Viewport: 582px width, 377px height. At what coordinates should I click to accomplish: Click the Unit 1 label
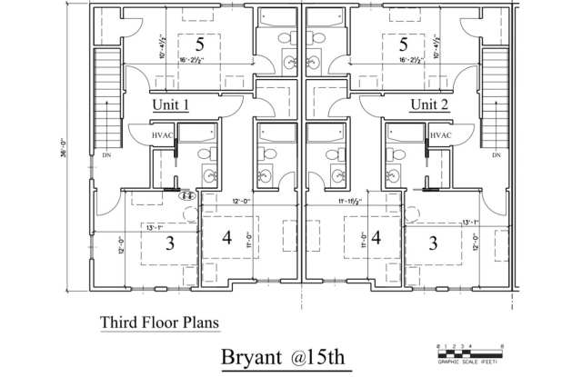click(x=170, y=104)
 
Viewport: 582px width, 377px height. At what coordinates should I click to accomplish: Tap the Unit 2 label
click(x=429, y=104)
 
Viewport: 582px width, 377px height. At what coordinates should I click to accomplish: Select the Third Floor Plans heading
click(x=159, y=321)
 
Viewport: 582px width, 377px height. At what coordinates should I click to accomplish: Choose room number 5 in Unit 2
click(x=401, y=45)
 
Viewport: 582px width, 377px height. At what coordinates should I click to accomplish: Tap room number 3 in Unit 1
click(x=170, y=243)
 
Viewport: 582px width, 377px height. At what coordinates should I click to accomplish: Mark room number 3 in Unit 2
click(x=432, y=243)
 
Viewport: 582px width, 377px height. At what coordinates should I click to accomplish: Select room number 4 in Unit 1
click(x=228, y=237)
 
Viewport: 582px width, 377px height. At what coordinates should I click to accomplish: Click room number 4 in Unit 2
click(x=374, y=237)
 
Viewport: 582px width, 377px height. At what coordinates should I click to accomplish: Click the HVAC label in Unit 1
click(x=163, y=135)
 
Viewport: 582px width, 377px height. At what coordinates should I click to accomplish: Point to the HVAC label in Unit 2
click(x=440, y=135)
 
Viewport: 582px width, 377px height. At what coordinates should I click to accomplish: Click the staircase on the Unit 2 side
click(x=494, y=100)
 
